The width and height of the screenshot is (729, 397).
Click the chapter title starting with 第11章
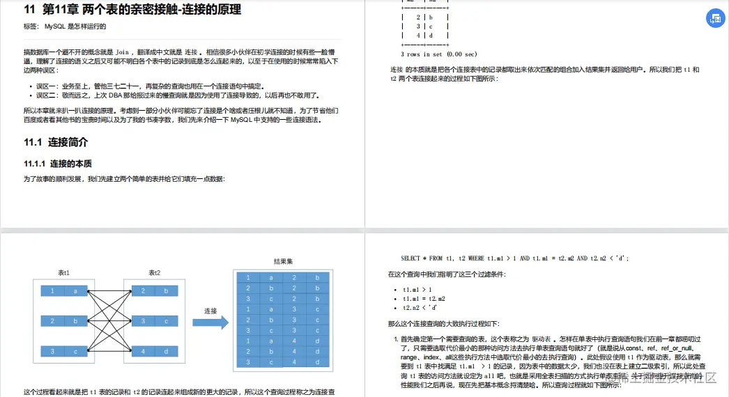(132, 10)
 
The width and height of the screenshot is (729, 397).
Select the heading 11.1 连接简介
(56, 142)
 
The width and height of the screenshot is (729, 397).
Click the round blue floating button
(715, 19)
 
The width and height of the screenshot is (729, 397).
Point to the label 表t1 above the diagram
(63, 273)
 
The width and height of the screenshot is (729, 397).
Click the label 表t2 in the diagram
(154, 273)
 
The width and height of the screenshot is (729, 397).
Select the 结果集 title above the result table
(283, 262)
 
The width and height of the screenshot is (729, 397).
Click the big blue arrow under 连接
(210, 322)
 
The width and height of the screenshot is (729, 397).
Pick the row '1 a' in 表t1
(63, 290)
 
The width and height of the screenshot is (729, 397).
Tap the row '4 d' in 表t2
(154, 352)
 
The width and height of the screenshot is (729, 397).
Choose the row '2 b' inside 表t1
(63, 321)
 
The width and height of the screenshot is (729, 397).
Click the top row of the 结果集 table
(283, 278)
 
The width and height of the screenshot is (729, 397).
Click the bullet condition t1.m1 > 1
(417, 289)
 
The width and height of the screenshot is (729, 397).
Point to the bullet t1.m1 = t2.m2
(422, 298)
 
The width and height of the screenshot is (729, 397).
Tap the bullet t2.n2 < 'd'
(420, 307)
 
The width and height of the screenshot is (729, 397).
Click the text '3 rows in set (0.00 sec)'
(439, 54)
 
